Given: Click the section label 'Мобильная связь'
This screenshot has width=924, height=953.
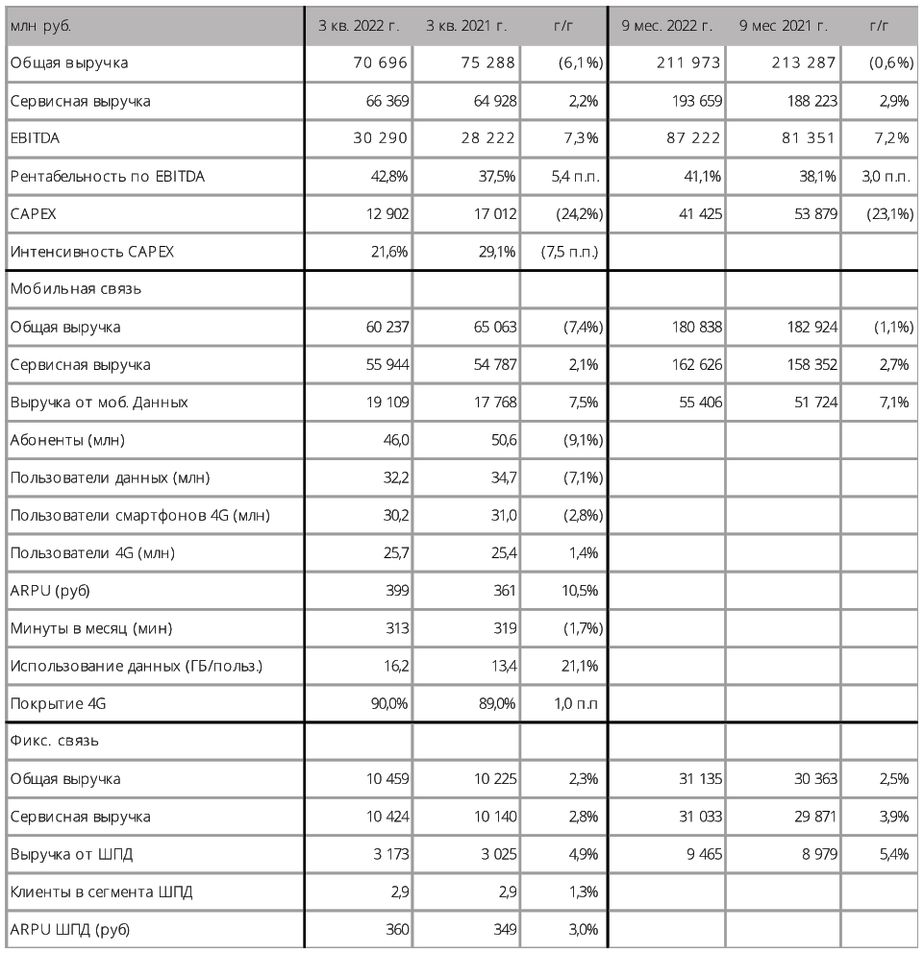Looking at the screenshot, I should pyautogui.click(x=65, y=289).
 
